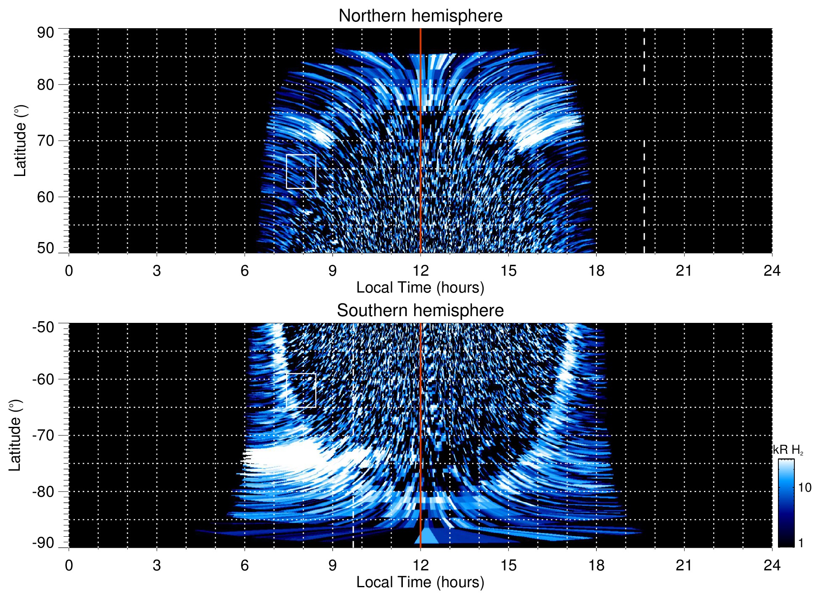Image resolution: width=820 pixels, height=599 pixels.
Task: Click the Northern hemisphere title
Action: pyautogui.click(x=421, y=16)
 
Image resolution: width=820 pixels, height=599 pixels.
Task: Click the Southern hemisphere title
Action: pyautogui.click(x=421, y=311)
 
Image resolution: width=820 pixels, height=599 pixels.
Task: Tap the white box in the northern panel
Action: pyautogui.click(x=301, y=171)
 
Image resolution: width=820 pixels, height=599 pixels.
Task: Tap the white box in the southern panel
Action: pyautogui.click(x=301, y=390)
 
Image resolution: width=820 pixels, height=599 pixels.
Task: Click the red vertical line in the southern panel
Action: pyautogui.click(x=421, y=421)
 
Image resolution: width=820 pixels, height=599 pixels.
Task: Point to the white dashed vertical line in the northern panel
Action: pyautogui.click(x=644, y=168)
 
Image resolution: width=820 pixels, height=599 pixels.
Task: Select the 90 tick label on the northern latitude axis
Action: pyautogui.click(x=45, y=33)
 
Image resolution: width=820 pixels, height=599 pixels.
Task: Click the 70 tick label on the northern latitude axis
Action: pyautogui.click(x=45, y=141)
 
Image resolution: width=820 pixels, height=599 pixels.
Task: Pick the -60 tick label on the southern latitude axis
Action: pyautogui.click(x=43, y=379)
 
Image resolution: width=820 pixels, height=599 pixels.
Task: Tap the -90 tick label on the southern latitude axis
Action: pyautogui.click(x=43, y=543)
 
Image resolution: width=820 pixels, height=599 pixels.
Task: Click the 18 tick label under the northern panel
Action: pyautogui.click(x=596, y=271)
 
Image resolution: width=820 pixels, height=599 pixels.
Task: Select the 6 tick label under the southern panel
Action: pyautogui.click(x=245, y=565)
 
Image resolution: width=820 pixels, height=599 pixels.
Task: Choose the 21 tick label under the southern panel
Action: pyautogui.click(x=684, y=565)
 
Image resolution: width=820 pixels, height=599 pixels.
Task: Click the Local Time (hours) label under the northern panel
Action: pyautogui.click(x=421, y=288)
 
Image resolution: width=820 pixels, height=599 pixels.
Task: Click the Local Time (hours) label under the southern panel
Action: pyautogui.click(x=421, y=582)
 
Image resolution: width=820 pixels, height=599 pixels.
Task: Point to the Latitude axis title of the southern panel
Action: pyautogui.click(x=15, y=435)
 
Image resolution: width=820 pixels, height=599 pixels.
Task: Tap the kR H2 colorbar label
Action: pyautogui.click(x=788, y=450)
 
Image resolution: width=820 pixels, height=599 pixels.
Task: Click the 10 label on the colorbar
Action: pyautogui.click(x=804, y=488)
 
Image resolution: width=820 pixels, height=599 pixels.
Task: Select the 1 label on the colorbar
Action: pyautogui.click(x=801, y=543)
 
